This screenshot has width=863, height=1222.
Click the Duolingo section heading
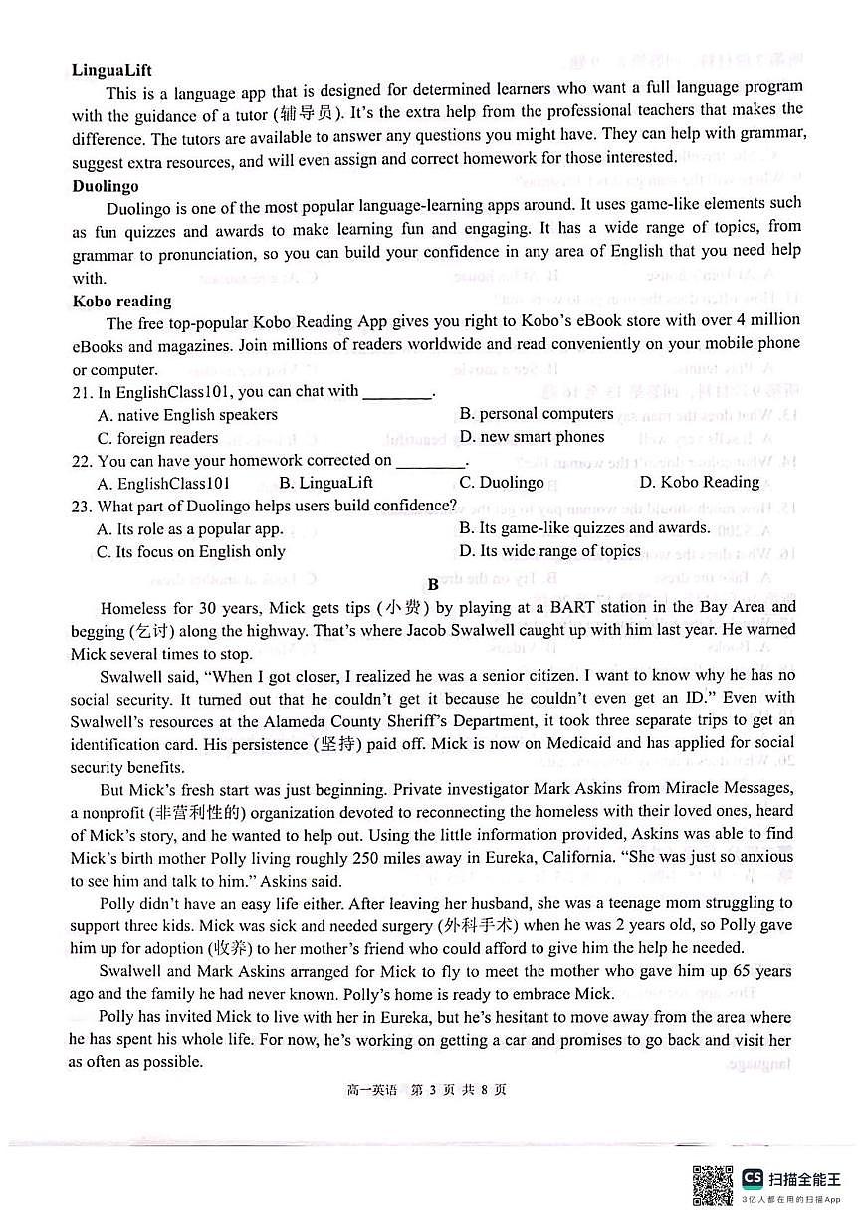(x=106, y=186)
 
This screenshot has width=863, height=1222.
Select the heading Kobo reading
(x=121, y=302)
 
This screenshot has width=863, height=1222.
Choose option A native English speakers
(x=187, y=415)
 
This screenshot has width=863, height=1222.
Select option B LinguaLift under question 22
(x=325, y=483)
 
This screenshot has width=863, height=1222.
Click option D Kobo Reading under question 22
(x=699, y=483)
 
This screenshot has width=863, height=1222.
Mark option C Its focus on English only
(x=190, y=552)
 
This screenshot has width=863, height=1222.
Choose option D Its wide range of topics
(x=549, y=551)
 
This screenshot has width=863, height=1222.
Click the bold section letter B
(x=433, y=584)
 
